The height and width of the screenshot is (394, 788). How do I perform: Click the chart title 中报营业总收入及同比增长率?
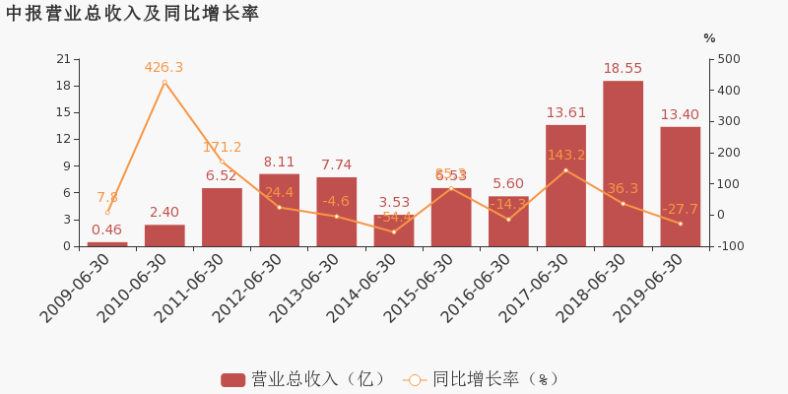point(132,14)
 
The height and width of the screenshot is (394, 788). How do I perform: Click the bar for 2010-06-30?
point(164,235)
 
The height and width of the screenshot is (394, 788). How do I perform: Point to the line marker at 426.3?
point(164,83)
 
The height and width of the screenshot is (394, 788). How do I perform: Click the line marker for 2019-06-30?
point(680,224)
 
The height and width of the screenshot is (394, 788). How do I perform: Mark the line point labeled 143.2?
point(565,170)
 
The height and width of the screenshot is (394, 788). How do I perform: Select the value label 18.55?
point(623,69)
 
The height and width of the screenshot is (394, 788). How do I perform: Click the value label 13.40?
point(680,115)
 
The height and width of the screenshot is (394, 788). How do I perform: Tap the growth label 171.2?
point(222,148)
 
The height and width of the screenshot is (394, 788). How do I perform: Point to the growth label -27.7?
point(680,209)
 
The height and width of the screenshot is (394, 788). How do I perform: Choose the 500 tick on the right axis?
point(729,59)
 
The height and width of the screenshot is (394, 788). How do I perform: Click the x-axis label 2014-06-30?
point(364,288)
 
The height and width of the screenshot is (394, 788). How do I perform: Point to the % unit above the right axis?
point(709,38)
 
